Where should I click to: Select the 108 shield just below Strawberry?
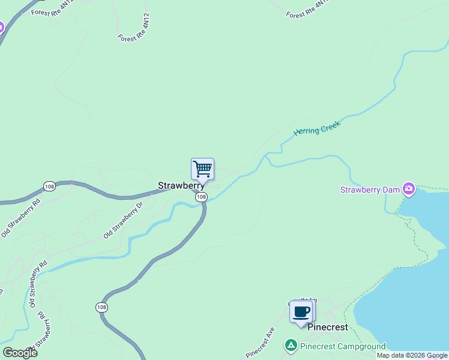coord(201,197)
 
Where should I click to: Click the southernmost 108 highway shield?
coord(101,307)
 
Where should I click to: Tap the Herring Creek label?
coord(316,128)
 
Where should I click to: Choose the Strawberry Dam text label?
coord(370,190)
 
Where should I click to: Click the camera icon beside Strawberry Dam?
coord(409,190)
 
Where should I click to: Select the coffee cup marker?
coord(301,312)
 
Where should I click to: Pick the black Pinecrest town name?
coord(327,328)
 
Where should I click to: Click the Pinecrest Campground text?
coord(343,347)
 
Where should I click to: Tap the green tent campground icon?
coord(291,346)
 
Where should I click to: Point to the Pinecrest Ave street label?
coord(260,343)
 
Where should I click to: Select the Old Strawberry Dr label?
coord(123,220)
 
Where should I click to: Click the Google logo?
coord(20,352)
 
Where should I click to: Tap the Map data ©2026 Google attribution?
coord(412,355)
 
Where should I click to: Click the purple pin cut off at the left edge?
coord(1,27)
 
